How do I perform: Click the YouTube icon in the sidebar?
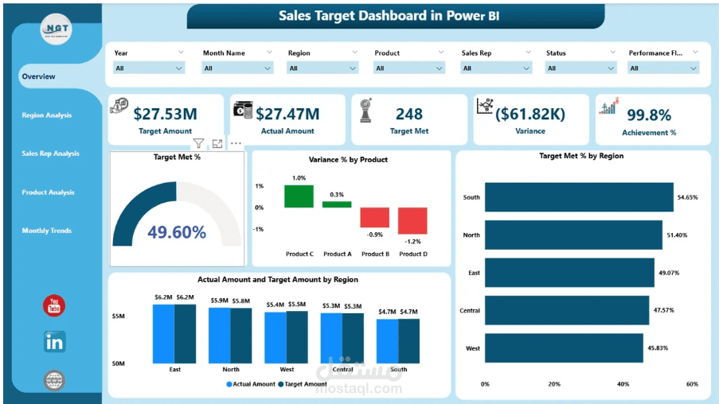pos(55,305)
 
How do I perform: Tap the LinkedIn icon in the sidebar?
pos(55,342)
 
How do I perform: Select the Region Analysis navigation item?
pos(47,115)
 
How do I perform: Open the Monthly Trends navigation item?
pos(47,231)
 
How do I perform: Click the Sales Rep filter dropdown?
pos(495,68)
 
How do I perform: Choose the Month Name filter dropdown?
pos(237,68)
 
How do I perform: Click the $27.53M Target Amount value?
pos(165,115)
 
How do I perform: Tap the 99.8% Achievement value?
pos(649,116)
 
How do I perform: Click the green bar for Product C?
pos(299,196)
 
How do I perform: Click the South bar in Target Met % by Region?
pos(579,196)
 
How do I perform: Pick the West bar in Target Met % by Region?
pos(564,348)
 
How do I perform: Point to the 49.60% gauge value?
pos(177,232)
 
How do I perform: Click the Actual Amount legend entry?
pos(252,384)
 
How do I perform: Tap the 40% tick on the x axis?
pos(623,384)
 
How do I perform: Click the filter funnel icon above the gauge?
pos(198,144)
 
